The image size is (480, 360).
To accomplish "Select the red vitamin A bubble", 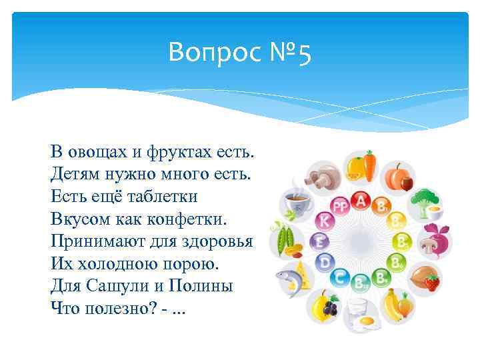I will [x=361, y=199].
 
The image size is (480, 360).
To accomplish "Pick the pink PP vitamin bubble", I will [x=341, y=205].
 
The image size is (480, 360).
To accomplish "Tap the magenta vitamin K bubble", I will [x=325, y=220].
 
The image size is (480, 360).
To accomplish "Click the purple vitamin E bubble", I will [x=320, y=241].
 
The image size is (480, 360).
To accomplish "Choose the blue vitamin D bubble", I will [x=325, y=262].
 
